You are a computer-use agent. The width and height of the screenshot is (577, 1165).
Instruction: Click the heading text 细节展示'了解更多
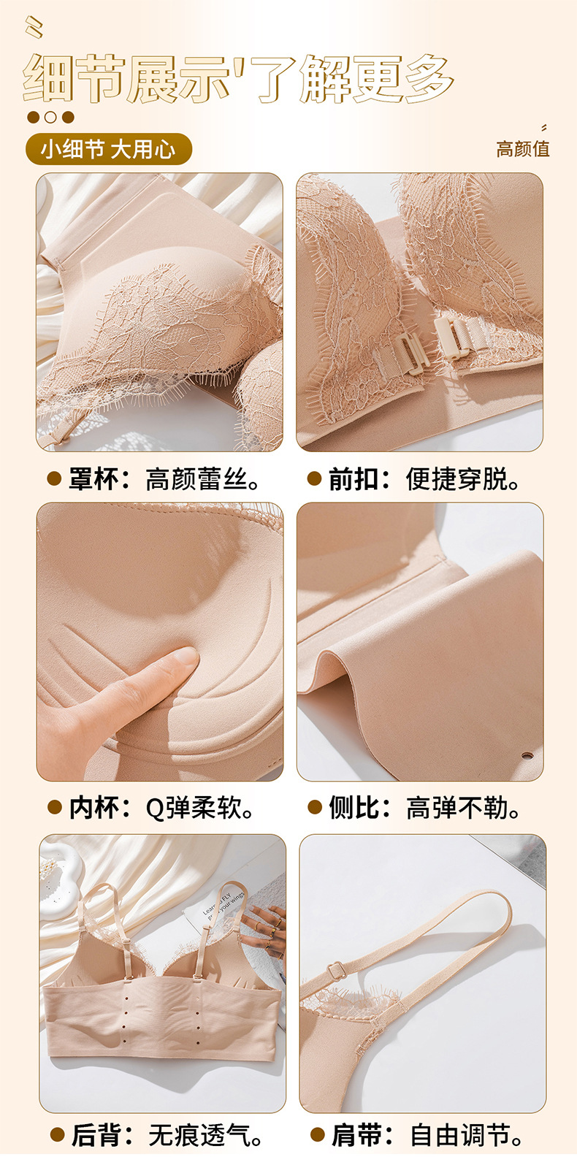pyautogui.click(x=238, y=79)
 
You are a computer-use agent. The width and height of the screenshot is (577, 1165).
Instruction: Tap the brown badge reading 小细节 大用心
pyautogui.click(x=109, y=149)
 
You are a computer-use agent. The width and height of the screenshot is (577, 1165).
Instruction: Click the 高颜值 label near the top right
pyautogui.click(x=522, y=149)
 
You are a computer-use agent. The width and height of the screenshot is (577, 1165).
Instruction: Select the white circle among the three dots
pyautogui.click(x=50, y=118)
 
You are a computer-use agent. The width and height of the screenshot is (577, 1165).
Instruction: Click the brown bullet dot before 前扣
pyautogui.click(x=314, y=478)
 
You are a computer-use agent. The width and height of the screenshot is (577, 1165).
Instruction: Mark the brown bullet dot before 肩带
pyautogui.click(x=318, y=1135)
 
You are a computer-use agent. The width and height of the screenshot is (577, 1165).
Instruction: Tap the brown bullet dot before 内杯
pyautogui.click(x=55, y=807)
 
